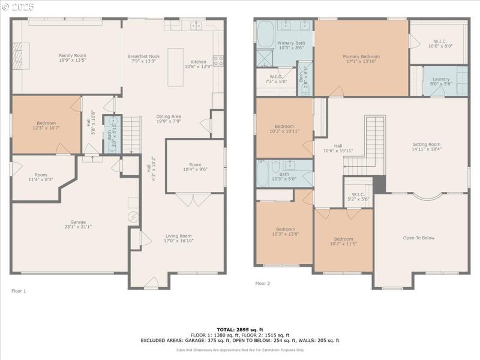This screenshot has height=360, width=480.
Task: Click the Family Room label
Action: [72, 55]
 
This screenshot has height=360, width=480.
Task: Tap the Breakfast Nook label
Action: [142, 56]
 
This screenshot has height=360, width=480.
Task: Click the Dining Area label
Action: [169, 116]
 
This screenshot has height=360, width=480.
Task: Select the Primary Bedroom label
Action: [361, 56]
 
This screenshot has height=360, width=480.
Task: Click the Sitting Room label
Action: [427, 145]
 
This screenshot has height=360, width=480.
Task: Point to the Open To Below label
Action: [419, 238]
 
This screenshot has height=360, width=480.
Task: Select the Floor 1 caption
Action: [19, 290]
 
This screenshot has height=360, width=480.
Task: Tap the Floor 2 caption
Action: [262, 283]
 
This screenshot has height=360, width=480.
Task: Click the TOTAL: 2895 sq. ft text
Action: [239, 329]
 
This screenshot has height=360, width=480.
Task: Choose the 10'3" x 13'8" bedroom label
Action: [285, 232]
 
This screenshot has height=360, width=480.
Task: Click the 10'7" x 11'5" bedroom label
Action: [343, 241]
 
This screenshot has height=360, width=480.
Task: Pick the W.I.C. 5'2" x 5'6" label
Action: [358, 196]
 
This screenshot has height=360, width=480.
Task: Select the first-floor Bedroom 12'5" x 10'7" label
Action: [46, 125]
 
